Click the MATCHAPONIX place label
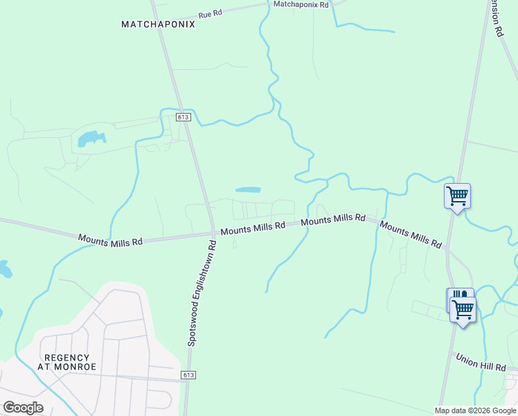point(158,24)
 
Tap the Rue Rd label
point(210,14)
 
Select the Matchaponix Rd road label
point(301,4)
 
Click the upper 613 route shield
point(183,117)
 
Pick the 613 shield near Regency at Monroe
point(188,375)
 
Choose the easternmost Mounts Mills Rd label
point(411,235)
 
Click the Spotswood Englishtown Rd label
point(202,293)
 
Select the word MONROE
point(77,366)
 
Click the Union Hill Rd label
point(485,361)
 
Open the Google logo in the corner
point(23,408)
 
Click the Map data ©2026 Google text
point(476,410)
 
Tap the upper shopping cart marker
point(457,196)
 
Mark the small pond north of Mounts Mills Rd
point(248,189)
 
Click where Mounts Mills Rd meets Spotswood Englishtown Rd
point(213,234)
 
